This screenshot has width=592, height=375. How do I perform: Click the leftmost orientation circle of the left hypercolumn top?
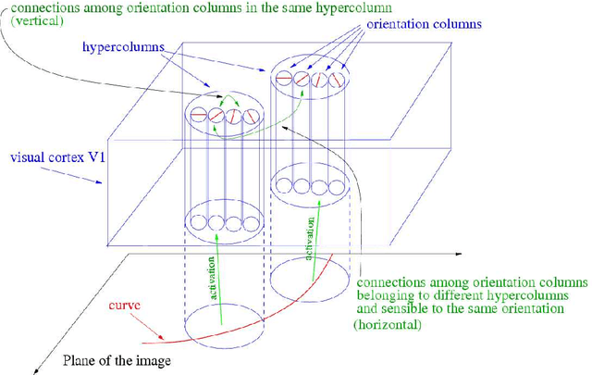197,117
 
